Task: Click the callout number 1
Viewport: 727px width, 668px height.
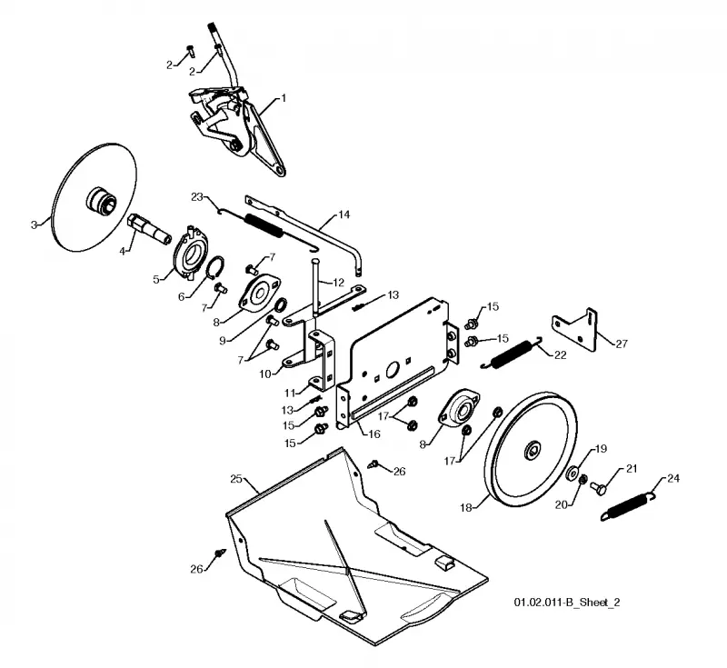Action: [284, 98]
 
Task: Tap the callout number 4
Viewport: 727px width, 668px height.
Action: [123, 251]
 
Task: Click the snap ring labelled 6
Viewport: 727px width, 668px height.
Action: [216, 267]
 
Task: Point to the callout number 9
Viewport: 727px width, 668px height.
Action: [223, 341]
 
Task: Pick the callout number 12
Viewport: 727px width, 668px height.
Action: [338, 283]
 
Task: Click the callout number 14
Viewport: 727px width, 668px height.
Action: [344, 214]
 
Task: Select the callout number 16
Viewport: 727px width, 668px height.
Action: [374, 434]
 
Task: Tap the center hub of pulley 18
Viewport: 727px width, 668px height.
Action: [532, 450]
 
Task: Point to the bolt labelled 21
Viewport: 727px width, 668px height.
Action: [598, 488]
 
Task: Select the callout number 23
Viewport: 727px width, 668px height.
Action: [197, 197]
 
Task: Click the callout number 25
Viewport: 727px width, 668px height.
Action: [236, 479]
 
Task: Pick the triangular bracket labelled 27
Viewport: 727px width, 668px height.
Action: [575, 330]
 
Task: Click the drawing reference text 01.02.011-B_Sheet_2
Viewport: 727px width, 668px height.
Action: [566, 603]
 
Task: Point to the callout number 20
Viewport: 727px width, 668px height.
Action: [561, 504]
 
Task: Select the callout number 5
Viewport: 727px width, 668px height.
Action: [156, 279]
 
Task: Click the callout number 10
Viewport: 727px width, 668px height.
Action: [264, 374]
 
